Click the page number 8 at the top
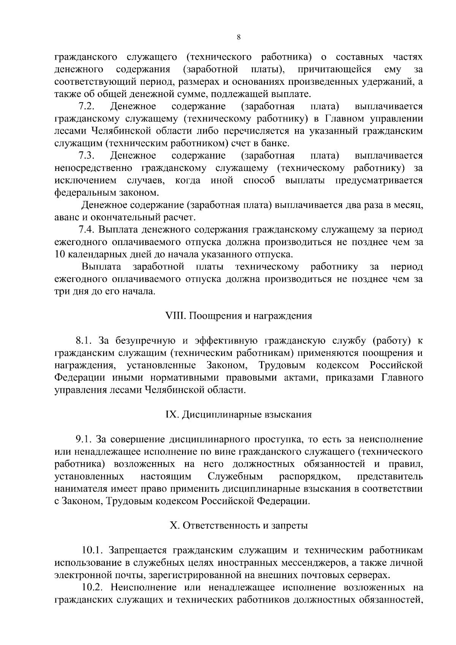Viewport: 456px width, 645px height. point(238,37)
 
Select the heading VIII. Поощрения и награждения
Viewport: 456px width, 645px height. point(239,316)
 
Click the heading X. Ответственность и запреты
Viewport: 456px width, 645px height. point(239,526)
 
